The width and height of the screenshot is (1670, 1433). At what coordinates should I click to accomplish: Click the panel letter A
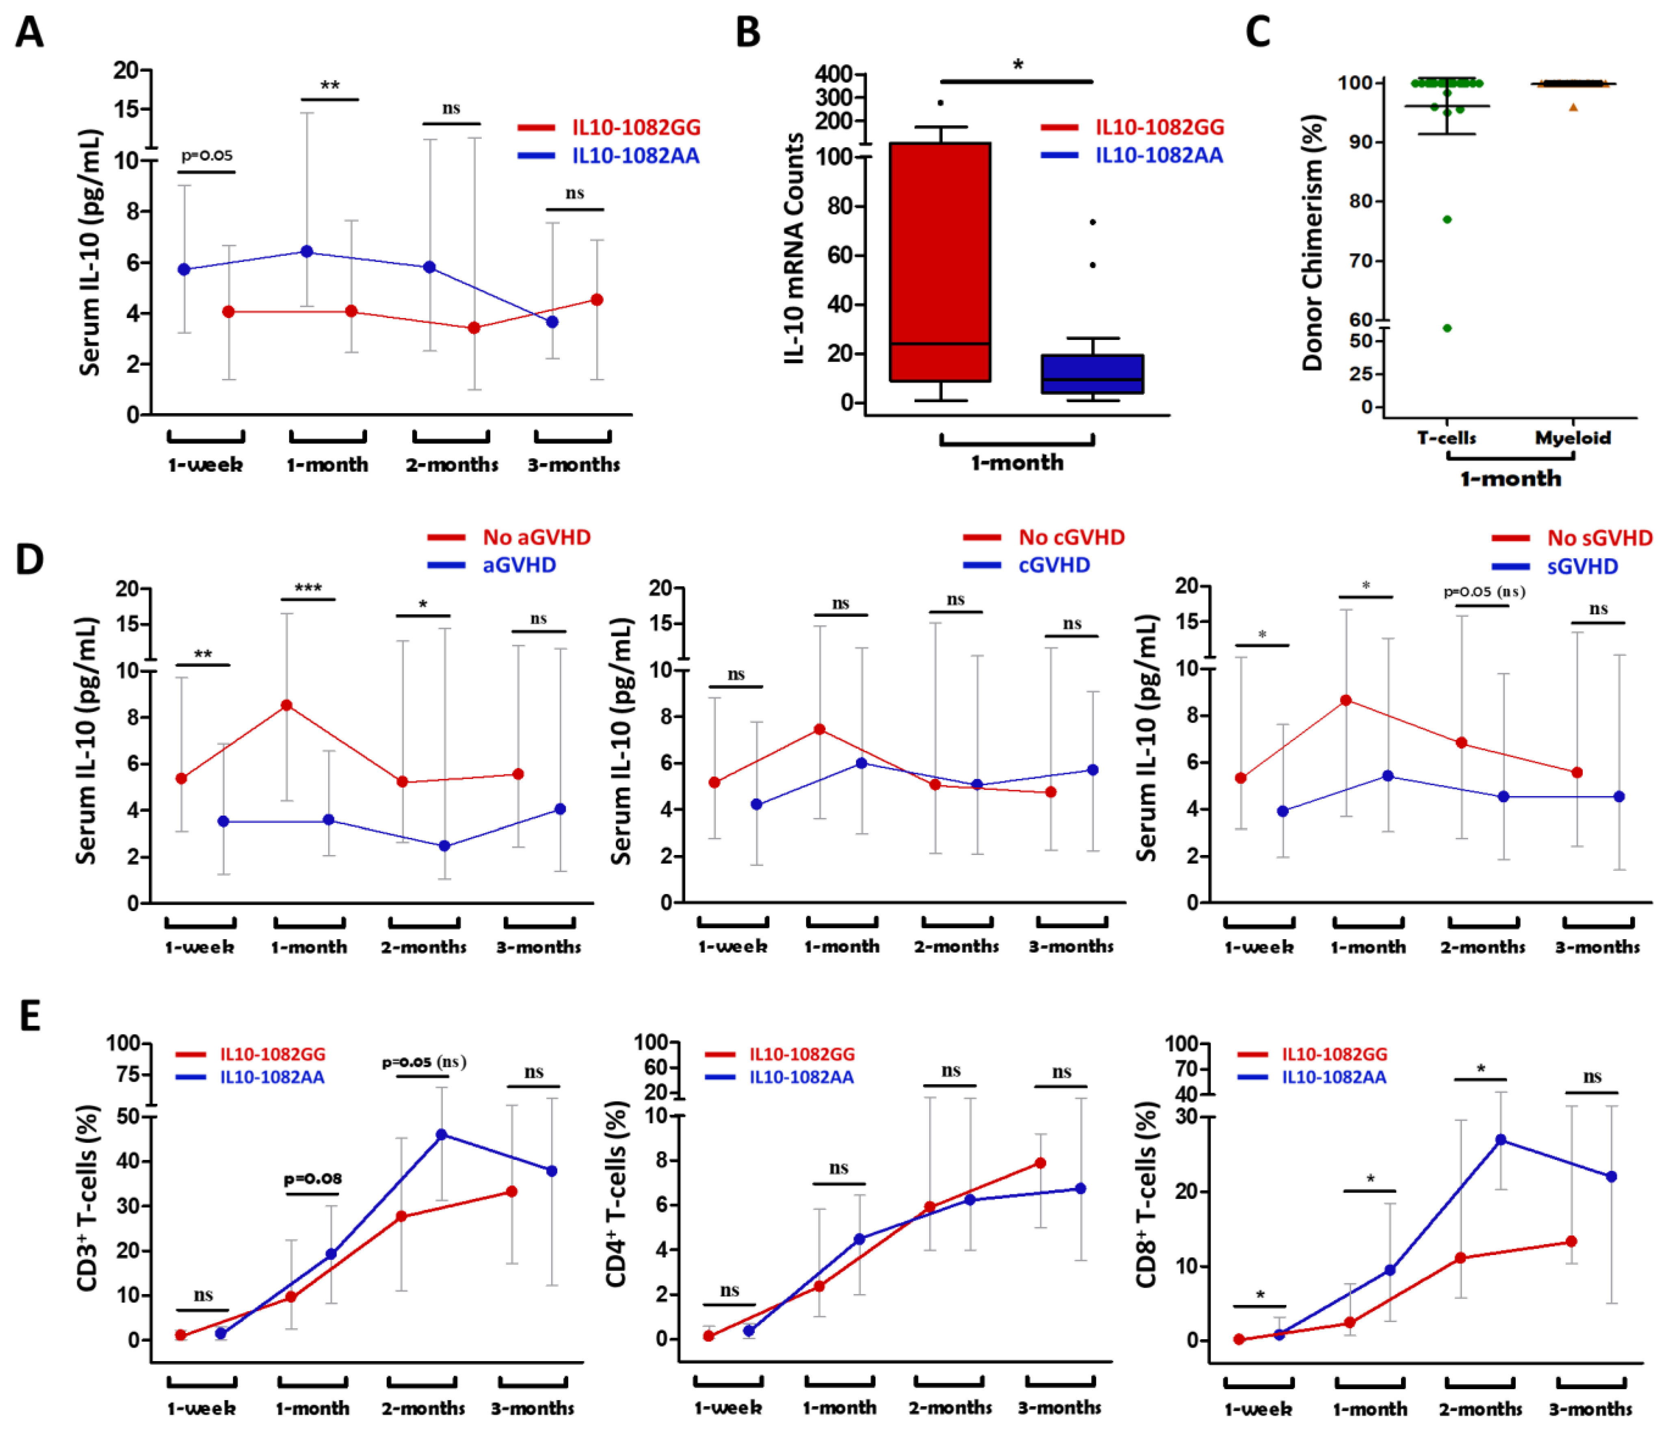(x=30, y=32)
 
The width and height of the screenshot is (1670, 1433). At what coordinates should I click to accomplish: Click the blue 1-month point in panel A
(x=307, y=251)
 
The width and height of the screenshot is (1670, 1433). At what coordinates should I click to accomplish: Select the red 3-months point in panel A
(x=596, y=300)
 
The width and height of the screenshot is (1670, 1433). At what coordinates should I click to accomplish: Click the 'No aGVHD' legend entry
(x=536, y=537)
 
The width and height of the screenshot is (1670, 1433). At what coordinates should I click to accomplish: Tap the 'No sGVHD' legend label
(x=1599, y=537)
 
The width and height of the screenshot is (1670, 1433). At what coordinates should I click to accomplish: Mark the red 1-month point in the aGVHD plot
(x=286, y=705)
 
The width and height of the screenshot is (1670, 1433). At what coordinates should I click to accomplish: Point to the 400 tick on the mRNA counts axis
(x=834, y=74)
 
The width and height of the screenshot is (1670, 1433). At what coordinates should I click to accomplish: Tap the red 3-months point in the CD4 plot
(x=1040, y=1163)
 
